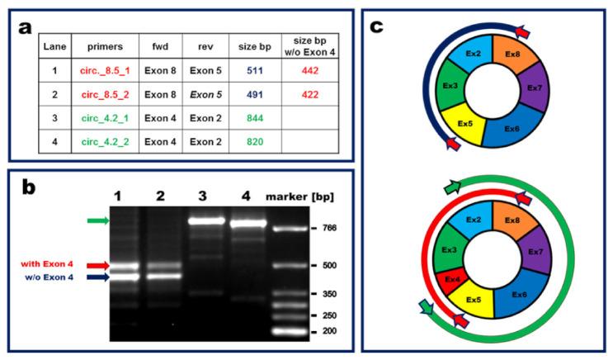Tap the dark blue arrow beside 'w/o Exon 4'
[x=97, y=277]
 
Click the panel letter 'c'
[x=376, y=26]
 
